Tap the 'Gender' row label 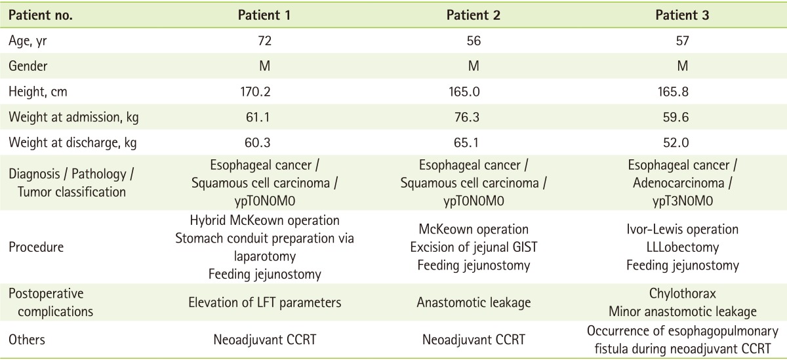coord(28,66)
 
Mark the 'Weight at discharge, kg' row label coord(73,142)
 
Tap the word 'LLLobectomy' coord(682,247)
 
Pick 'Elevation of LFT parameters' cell coord(264,302)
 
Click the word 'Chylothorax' coord(682,294)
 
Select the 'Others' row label coord(27,340)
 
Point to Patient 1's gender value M coord(264,66)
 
